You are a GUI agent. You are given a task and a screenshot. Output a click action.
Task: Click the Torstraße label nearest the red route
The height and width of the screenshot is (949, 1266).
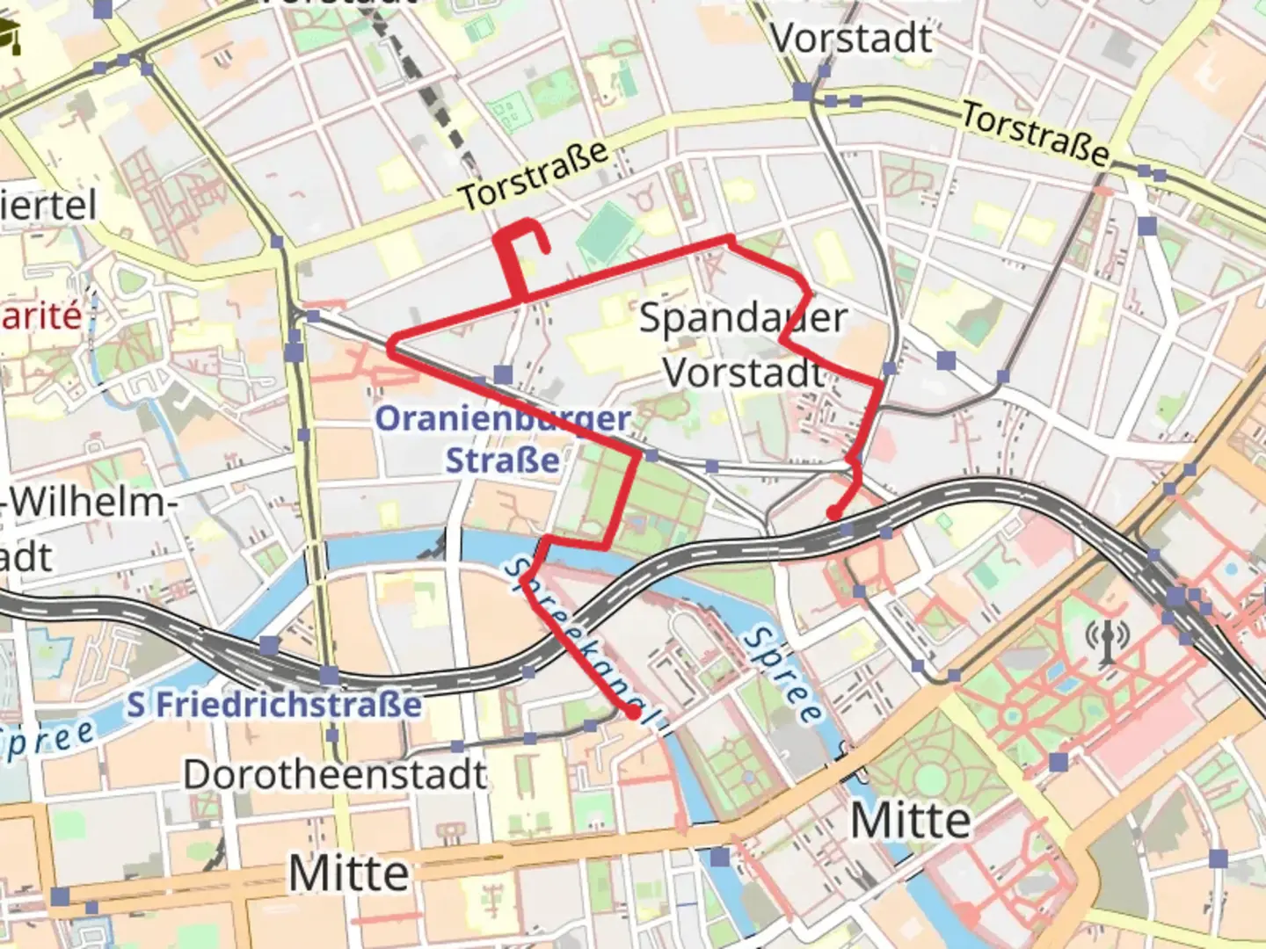click(535, 176)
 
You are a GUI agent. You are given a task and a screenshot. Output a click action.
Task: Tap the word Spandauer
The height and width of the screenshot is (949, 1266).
click(743, 318)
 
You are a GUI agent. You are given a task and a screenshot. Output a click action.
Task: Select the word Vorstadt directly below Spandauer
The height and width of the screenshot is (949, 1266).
click(744, 373)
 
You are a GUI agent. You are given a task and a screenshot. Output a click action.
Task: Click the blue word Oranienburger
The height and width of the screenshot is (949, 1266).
click(503, 419)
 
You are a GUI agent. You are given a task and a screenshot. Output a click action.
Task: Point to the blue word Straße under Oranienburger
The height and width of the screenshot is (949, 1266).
click(502, 460)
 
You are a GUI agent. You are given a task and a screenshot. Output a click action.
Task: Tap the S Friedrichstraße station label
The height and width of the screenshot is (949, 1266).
click(274, 705)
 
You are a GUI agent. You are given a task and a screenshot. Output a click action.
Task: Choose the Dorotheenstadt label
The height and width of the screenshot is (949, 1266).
click(334, 774)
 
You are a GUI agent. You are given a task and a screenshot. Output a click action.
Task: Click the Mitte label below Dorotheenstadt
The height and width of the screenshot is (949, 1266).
click(349, 873)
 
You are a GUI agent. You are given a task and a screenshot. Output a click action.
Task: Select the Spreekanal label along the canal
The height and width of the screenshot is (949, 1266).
click(580, 642)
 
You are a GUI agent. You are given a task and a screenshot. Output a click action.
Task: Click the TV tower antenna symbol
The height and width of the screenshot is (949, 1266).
click(1109, 639)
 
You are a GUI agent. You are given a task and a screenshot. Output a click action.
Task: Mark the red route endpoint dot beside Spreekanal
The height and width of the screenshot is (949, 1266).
click(633, 713)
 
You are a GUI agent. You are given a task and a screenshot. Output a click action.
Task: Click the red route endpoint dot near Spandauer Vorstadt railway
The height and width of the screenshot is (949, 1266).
click(833, 514)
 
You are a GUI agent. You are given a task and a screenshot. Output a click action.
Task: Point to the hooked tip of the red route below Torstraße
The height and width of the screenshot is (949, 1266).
click(546, 250)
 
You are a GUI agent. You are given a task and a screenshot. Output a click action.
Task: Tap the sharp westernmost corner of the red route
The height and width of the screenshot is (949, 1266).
click(392, 348)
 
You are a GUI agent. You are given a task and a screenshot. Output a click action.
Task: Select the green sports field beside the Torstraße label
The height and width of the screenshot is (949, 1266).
click(606, 232)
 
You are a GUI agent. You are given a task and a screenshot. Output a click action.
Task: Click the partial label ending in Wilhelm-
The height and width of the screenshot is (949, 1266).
click(88, 503)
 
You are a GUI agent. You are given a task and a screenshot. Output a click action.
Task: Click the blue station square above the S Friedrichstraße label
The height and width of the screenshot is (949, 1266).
click(329, 676)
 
